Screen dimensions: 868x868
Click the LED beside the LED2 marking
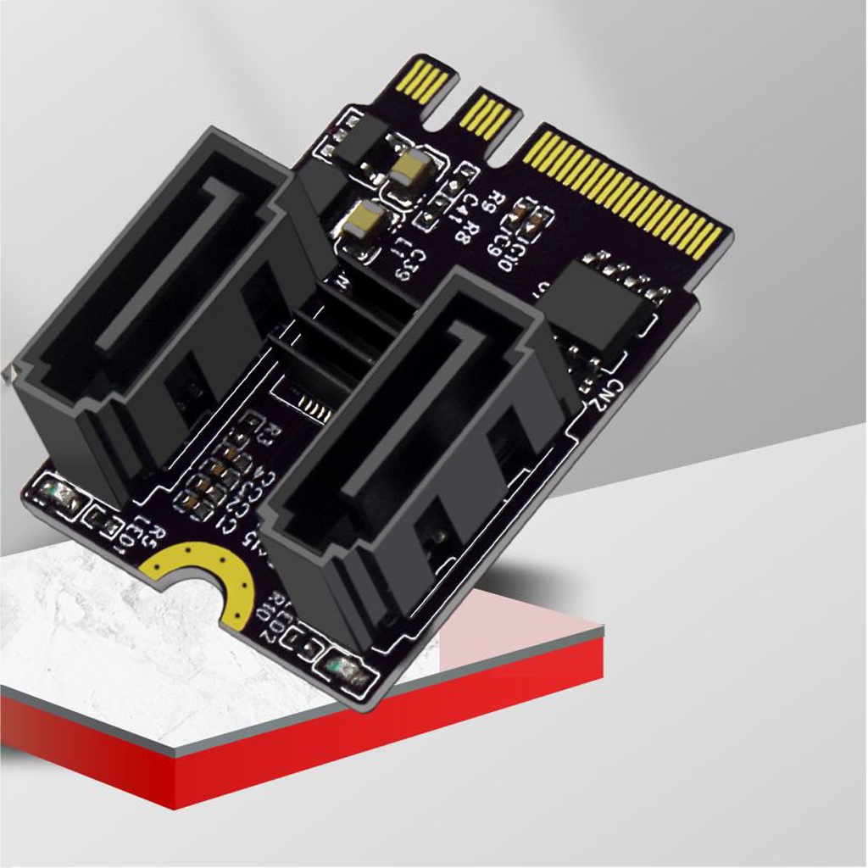pos(349,673)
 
